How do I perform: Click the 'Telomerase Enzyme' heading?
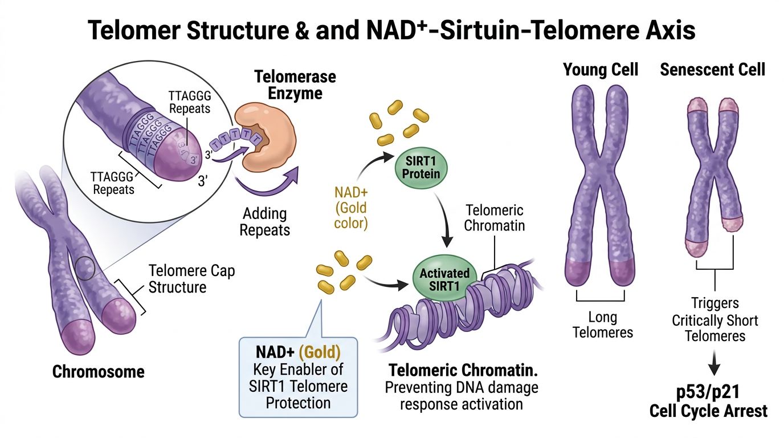click(295, 84)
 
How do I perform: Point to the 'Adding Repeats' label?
click(264, 222)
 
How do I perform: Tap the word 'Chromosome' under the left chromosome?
click(99, 372)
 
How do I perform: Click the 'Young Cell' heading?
click(601, 70)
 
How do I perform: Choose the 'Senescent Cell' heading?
click(712, 70)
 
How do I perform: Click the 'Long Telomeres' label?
click(602, 325)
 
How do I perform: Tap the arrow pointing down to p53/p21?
click(716, 366)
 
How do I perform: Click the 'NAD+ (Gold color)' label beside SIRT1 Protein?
click(350, 206)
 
